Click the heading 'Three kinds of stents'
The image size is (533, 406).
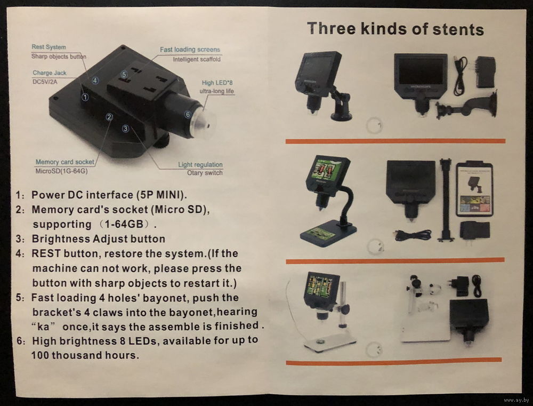pyautogui.click(x=395, y=29)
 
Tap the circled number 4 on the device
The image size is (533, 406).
pyautogui.click(x=95, y=81)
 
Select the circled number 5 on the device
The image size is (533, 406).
pyautogui.click(x=124, y=74)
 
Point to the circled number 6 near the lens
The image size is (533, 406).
pyautogui.click(x=188, y=114)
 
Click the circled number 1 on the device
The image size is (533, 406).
pyautogui.click(x=85, y=97)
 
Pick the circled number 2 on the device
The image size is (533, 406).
pyautogui.click(x=109, y=117)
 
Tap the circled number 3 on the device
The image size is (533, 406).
pyautogui.click(x=126, y=128)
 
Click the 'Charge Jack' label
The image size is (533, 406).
pyautogui.click(x=50, y=73)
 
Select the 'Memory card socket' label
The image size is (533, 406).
pyautogui.click(x=65, y=162)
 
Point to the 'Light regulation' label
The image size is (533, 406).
pyautogui.click(x=200, y=165)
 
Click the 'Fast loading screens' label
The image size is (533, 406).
pyautogui.click(x=190, y=50)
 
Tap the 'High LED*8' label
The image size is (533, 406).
pyautogui.click(x=217, y=83)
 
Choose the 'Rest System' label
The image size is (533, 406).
pyautogui.click(x=49, y=47)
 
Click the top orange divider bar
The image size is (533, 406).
pyautogui.click(x=395, y=141)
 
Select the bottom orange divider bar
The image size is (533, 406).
pyautogui.click(x=394, y=361)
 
